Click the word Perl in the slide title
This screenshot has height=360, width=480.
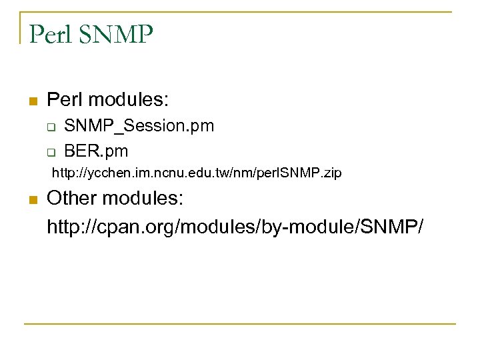coord(48,33)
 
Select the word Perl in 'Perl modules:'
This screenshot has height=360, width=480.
coord(65,101)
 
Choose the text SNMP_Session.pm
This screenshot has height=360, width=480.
coord(139,126)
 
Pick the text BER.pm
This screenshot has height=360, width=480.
coord(96,151)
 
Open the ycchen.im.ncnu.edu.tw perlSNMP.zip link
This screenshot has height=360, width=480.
coord(197,173)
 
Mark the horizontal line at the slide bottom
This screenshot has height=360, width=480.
coord(240,324)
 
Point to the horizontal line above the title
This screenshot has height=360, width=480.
coord(240,12)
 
